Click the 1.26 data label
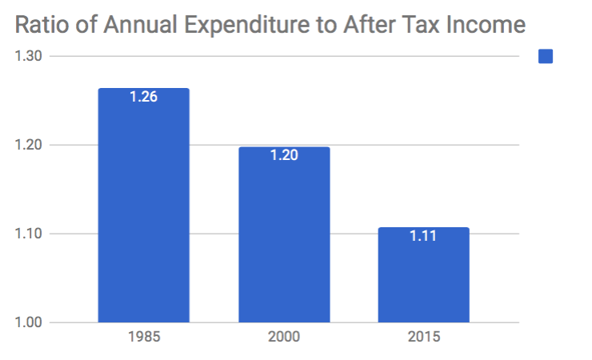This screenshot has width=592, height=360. [144, 98]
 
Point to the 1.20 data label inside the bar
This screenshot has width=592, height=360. [284, 156]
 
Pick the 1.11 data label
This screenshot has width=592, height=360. [424, 237]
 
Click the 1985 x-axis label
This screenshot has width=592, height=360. [144, 336]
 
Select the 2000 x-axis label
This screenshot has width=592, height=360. [284, 336]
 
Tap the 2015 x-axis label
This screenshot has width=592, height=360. [424, 336]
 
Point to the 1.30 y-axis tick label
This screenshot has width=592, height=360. [29, 56]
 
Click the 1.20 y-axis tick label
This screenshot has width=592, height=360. [29, 145]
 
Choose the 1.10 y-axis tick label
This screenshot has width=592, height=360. [29, 234]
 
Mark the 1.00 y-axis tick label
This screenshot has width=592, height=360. [29, 322]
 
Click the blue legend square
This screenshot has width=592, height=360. [546, 56]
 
